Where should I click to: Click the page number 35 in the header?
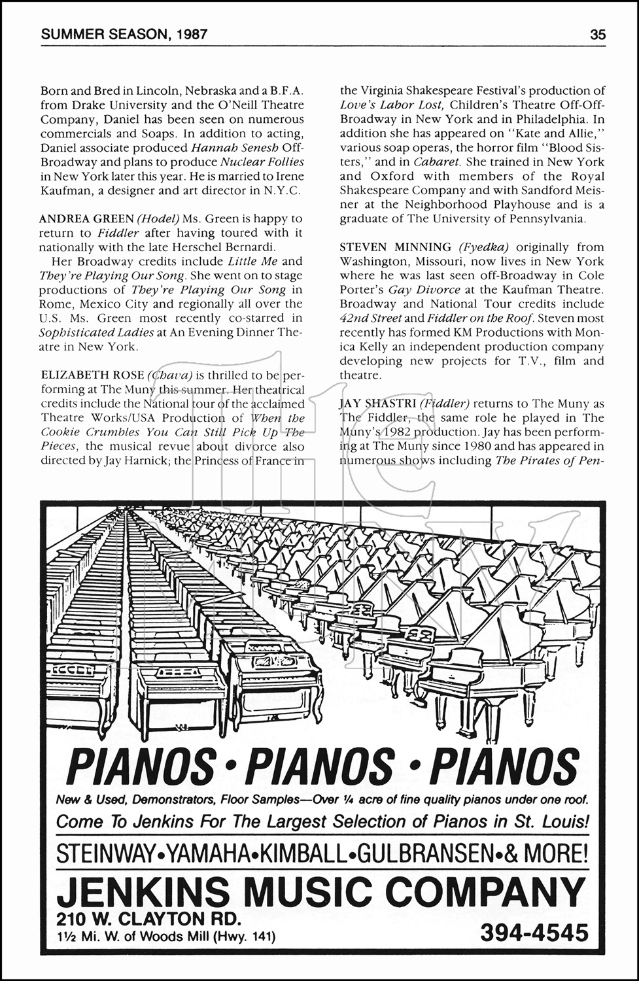(598, 35)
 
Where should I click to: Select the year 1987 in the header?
(189, 35)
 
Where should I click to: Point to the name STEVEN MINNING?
(395, 247)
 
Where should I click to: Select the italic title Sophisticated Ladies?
(97, 332)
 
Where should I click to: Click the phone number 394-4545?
(534, 933)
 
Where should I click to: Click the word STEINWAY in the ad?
(105, 853)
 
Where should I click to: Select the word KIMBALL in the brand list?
(303, 853)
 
